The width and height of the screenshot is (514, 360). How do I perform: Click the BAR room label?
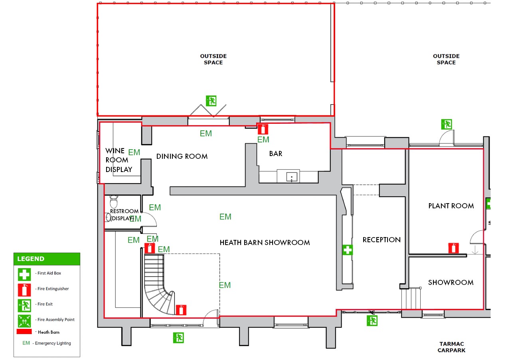tap(276, 154)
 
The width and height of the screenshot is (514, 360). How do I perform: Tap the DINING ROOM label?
tap(182, 156)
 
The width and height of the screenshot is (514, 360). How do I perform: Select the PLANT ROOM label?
tap(451, 206)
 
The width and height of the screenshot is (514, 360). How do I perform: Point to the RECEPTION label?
tap(382, 240)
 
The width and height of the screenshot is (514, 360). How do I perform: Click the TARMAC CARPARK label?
tap(451, 347)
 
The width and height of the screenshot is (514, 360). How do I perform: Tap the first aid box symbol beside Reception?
tap(348, 250)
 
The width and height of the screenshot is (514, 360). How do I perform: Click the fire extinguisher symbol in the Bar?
tap(263, 129)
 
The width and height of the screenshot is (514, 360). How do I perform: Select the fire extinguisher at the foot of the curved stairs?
tap(181, 310)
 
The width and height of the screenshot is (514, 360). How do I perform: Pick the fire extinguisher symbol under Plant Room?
tap(453, 248)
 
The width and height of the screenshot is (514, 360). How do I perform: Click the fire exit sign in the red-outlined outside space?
tap(211, 101)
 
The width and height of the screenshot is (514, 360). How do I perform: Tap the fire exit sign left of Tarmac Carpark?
tap(372, 320)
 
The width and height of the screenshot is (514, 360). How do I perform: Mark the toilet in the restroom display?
tap(114, 202)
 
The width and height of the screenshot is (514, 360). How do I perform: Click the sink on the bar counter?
tap(292, 177)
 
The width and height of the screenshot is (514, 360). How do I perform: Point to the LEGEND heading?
tap(31, 259)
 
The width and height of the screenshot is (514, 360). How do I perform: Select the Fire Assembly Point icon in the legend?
tap(24, 321)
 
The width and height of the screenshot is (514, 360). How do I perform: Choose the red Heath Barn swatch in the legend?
tap(24, 331)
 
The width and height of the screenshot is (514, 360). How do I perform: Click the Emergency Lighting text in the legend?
tap(53, 343)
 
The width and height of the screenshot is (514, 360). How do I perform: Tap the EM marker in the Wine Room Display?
tap(134, 152)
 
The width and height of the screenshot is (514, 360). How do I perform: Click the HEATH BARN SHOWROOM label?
tap(265, 243)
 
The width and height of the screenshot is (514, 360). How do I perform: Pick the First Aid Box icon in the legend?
tap(24, 275)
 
